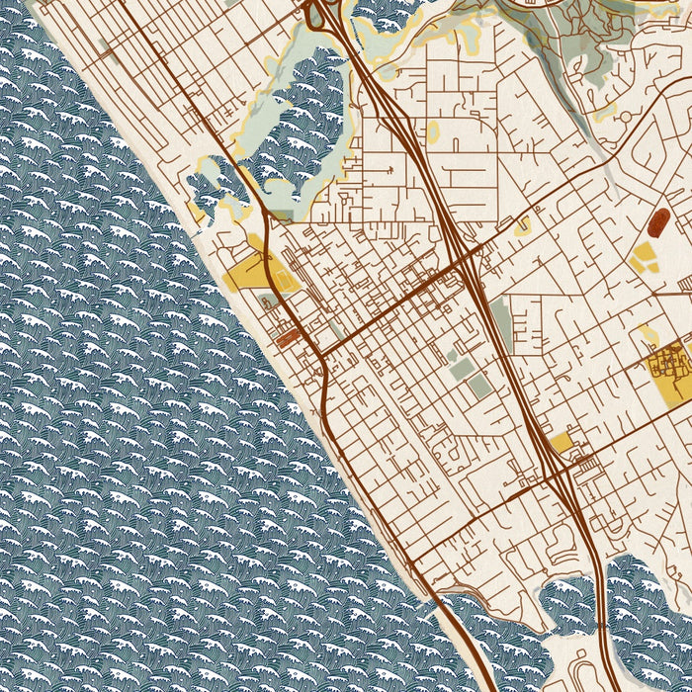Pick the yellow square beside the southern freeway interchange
coord(561,442)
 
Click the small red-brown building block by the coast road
coord(287,337)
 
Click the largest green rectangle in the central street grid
coord(462,369)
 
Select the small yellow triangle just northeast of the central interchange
coord(521,226)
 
